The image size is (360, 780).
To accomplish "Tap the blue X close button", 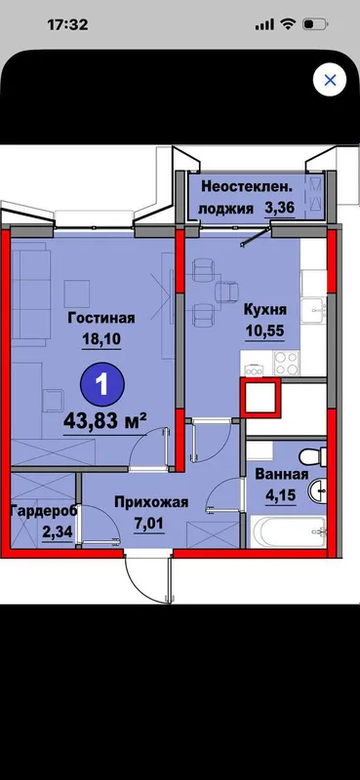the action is click(330, 80).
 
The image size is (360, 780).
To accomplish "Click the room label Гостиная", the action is click(101, 318).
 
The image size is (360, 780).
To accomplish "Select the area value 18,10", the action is click(101, 339).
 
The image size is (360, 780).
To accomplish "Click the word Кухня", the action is click(265, 310).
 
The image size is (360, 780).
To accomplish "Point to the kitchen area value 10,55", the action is click(265, 331).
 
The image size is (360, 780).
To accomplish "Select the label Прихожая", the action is click(151, 502).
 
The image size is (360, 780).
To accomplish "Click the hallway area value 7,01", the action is click(148, 524).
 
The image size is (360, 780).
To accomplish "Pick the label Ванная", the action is click(281, 474).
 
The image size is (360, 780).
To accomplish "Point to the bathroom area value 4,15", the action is click(281, 495).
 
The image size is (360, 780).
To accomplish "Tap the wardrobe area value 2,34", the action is click(58, 532).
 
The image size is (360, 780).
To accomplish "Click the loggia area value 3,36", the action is click(279, 208).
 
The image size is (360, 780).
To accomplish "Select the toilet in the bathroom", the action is click(314, 454).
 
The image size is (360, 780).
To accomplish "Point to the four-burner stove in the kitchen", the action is click(287, 363).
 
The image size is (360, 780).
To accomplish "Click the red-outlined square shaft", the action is click(260, 397).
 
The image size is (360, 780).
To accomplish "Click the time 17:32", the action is click(67, 24).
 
